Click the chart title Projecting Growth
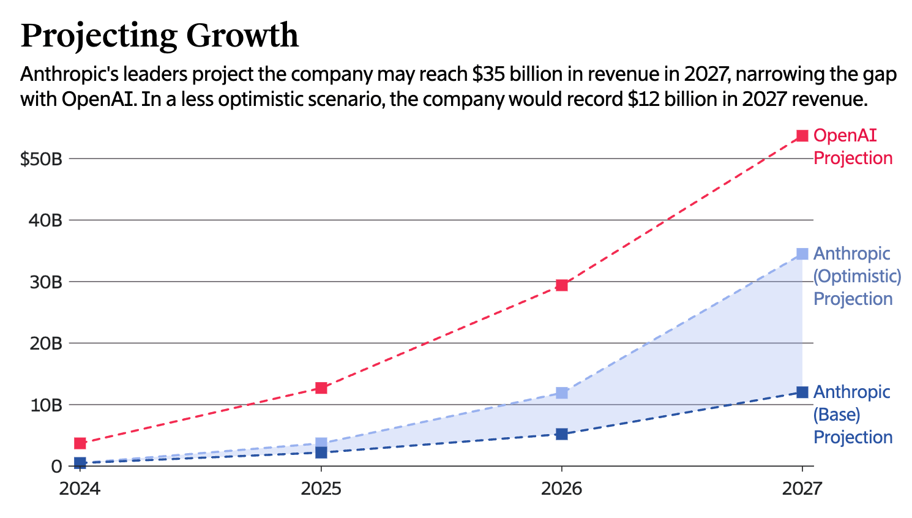pyautogui.click(x=159, y=36)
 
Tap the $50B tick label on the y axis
pyautogui.click(x=42, y=159)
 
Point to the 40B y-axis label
pyautogui.click(x=45, y=220)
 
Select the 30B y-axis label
pyautogui.click(x=45, y=282)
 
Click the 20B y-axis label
pyautogui.click(x=45, y=343)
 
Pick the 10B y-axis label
pyautogui.click(x=45, y=405)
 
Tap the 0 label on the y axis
pyautogui.click(x=57, y=467)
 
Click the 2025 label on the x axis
pyautogui.click(x=321, y=489)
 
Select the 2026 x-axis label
pyautogui.click(x=562, y=489)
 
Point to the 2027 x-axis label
pyautogui.click(x=802, y=489)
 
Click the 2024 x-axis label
pyautogui.click(x=80, y=489)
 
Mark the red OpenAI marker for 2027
pyautogui.click(x=802, y=136)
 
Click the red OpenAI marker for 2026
pyautogui.click(x=562, y=285)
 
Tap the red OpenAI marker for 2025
pyautogui.click(x=321, y=388)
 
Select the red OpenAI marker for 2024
pyautogui.click(x=80, y=443)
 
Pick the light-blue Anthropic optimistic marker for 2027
pyautogui.click(x=802, y=253)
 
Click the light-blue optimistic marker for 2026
pyautogui.click(x=562, y=392)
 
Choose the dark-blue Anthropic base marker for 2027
pyautogui.click(x=802, y=392)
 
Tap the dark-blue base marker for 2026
pyautogui.click(x=562, y=434)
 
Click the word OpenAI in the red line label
pyautogui.click(x=845, y=135)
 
